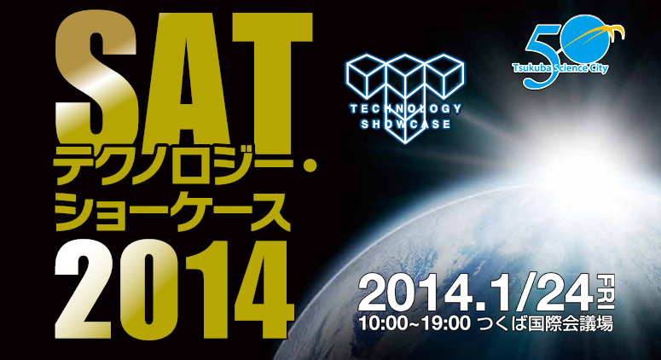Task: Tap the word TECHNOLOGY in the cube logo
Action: (x=405, y=109)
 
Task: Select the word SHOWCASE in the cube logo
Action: (x=405, y=125)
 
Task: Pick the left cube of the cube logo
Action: (x=365, y=75)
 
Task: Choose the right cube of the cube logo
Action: (x=444, y=75)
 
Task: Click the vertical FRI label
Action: (x=607, y=292)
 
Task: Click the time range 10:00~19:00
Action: (x=414, y=324)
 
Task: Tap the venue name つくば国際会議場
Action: (x=545, y=324)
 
